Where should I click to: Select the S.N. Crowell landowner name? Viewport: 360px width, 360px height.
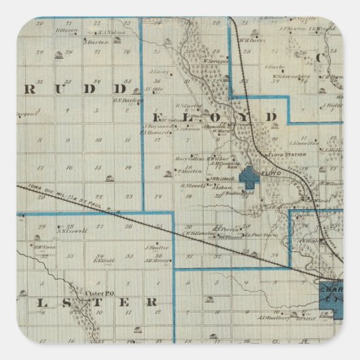(71, 230)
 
